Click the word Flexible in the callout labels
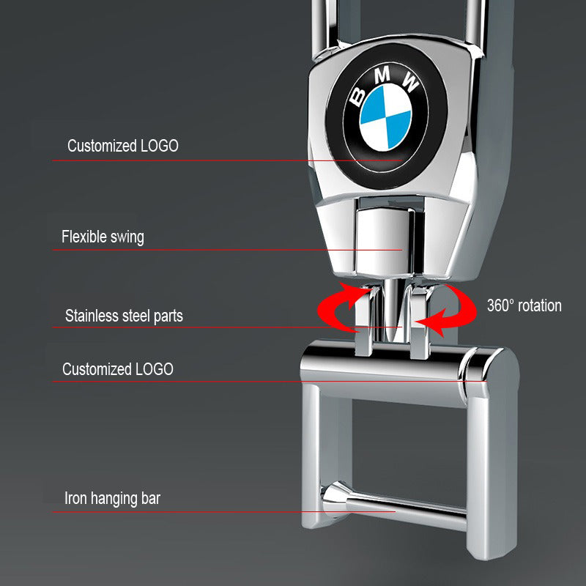pyautogui.click(x=83, y=237)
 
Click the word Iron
pyautogui.click(x=77, y=500)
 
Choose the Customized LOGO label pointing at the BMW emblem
pyautogui.click(x=122, y=146)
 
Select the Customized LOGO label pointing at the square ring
pyautogui.click(x=118, y=368)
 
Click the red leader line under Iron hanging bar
pyautogui.click(x=220, y=512)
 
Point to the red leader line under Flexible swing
pyautogui.click(x=220, y=251)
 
